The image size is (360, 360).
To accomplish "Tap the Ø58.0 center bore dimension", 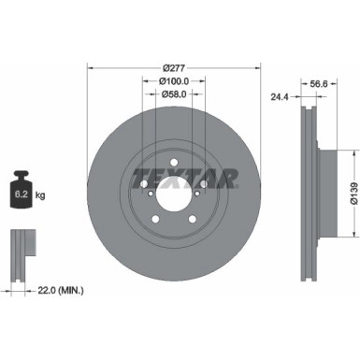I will pyautogui.click(x=172, y=94).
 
